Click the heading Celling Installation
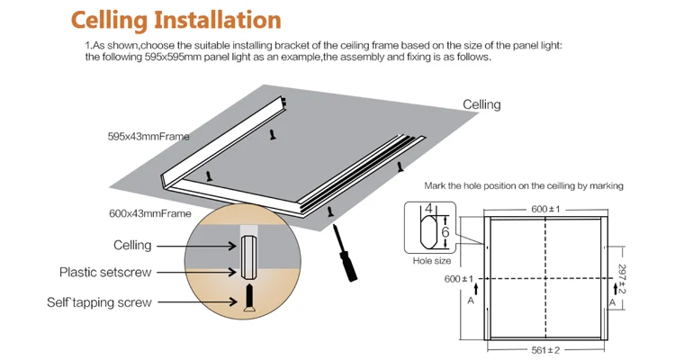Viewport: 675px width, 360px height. click(x=175, y=20)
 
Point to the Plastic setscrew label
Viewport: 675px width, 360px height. click(x=105, y=272)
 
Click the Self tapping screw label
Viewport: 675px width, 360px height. click(x=99, y=302)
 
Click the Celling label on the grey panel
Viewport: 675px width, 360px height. click(x=481, y=104)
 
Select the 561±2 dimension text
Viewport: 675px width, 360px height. click(x=545, y=349)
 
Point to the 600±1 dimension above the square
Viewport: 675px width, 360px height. click(x=545, y=209)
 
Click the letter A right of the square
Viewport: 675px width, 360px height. click(x=611, y=304)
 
